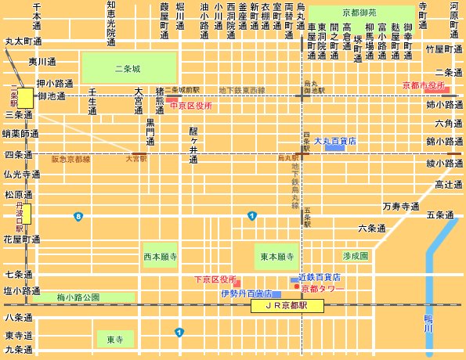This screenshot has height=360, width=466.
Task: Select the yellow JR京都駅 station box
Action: [x=287, y=307]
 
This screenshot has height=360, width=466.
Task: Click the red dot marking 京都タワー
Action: [x=294, y=287]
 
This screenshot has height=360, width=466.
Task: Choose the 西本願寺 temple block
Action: [x=160, y=256]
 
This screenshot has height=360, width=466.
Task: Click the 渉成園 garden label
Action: [x=355, y=256]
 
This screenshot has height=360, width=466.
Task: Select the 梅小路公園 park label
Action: [x=78, y=297]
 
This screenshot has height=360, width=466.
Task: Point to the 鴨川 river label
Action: [x=428, y=324]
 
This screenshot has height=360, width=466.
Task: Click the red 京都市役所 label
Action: [x=423, y=84]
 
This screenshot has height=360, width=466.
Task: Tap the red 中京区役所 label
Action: [x=191, y=104]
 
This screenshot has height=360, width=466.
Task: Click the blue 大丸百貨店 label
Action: [x=336, y=142]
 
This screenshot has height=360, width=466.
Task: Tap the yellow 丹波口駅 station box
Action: [x=26, y=213]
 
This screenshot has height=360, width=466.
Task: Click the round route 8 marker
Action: [x=78, y=216]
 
